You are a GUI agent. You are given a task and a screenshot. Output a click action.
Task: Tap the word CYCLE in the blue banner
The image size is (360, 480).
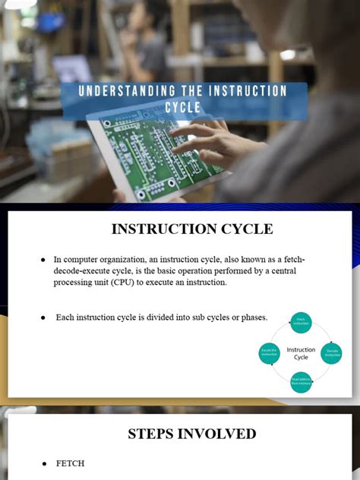click(183, 108)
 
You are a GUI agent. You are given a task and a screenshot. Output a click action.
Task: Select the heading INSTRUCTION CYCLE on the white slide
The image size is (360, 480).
click(192, 229)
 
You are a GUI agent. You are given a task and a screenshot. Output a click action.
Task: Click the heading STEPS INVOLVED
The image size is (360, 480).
click(192, 434)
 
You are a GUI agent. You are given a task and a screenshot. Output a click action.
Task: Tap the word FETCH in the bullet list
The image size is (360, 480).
click(70, 463)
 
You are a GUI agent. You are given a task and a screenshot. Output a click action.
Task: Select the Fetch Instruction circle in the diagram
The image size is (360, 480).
click(301, 324)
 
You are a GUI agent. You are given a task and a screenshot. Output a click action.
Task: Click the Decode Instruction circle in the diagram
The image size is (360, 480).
click(331, 353)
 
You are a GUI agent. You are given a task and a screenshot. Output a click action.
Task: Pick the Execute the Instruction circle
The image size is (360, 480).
click(270, 353)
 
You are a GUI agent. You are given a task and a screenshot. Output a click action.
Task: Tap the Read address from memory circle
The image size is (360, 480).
click(301, 381)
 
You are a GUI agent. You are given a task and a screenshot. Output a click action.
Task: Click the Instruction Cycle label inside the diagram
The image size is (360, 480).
click(301, 353)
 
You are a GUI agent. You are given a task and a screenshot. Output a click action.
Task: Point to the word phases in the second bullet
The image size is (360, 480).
click(251, 317)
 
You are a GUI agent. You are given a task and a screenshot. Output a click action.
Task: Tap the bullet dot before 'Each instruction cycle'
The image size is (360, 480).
click(43, 317)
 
